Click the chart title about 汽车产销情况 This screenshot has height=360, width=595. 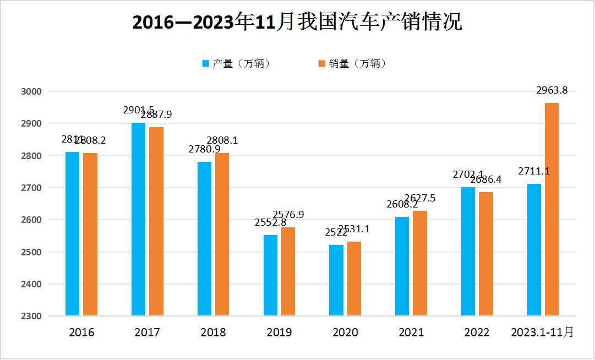coord(297,21)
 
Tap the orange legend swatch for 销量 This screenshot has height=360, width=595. coord(323,64)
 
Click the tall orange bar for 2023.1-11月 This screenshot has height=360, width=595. coord(552,209)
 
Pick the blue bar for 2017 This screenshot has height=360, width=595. coord(138,219)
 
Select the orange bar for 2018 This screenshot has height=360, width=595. coord(222,234)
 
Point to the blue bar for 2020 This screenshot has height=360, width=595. coord(336,280)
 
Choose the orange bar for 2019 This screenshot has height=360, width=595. coord(288,271)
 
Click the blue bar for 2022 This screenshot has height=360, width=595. coord(468,252)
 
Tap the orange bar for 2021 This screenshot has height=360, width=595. coord(420,263)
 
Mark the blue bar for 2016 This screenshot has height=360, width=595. coord(73,234)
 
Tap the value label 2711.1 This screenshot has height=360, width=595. coord(534,172)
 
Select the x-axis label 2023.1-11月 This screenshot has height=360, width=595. coord(542,332)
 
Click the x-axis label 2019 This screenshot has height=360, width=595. coord(279,332)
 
